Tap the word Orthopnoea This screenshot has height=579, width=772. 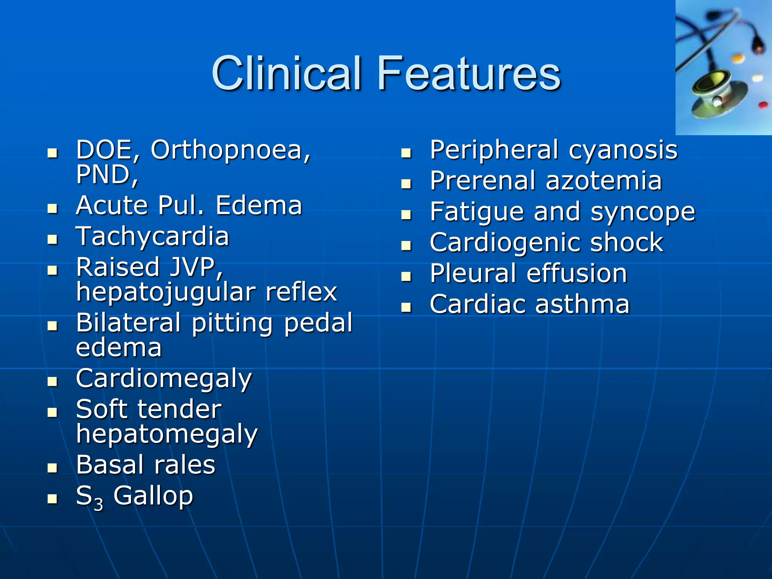[x=230, y=150]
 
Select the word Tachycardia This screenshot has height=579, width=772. [x=152, y=237]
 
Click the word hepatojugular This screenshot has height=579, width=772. [x=165, y=292]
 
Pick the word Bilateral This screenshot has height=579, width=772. [x=128, y=323]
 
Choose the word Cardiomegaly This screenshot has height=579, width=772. [x=164, y=379]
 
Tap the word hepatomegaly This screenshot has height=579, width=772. [x=167, y=434]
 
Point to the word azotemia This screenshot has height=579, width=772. [x=604, y=181]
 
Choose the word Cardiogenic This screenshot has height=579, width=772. [x=505, y=243]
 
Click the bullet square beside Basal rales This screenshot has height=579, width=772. [x=52, y=468]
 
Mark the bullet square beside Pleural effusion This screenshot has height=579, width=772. [x=406, y=277]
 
